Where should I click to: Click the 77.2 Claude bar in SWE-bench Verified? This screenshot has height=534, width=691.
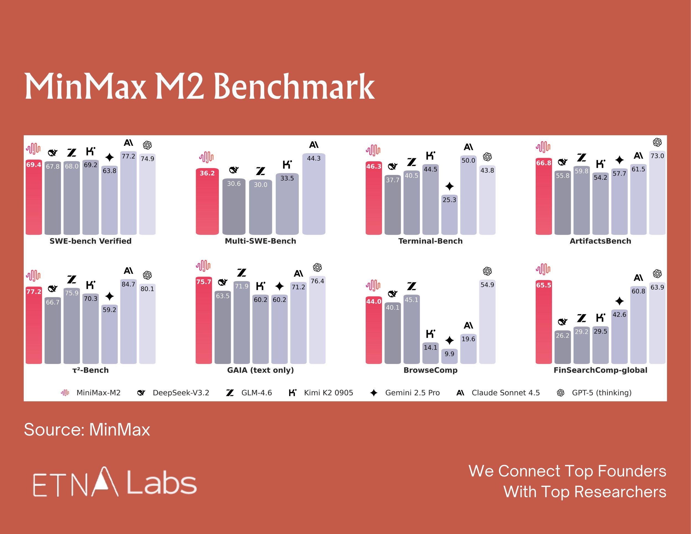129,196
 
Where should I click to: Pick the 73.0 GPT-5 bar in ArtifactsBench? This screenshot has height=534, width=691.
657,196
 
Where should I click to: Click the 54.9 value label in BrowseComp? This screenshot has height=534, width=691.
487,285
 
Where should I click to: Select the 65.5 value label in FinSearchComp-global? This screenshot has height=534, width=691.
544,285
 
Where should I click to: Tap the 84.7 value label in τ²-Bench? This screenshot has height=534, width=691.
129,284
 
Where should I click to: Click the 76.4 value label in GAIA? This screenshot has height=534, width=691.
317,281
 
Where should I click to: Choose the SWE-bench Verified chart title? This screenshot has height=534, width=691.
90,241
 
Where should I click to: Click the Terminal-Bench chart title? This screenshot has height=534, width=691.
430,241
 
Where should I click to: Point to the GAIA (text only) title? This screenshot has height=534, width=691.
260,370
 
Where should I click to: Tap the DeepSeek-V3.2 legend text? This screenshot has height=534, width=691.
181,393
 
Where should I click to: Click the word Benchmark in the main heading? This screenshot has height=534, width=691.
294,86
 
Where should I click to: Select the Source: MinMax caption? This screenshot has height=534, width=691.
87,429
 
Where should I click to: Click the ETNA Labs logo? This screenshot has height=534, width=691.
114,482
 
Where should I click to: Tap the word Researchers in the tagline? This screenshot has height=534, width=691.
620,492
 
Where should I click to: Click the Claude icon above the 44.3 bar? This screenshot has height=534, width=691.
313,145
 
